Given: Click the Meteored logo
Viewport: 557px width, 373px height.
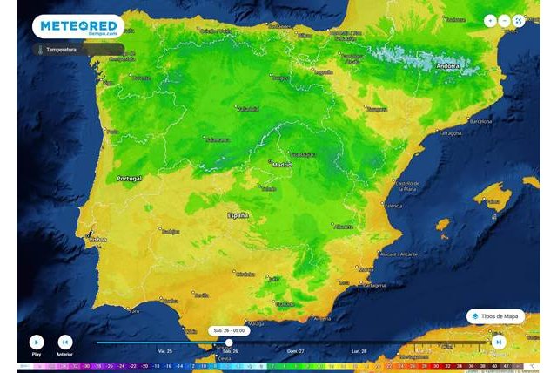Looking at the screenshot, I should coord(78,26).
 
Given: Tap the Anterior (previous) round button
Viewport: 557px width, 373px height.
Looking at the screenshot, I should coord(64,342).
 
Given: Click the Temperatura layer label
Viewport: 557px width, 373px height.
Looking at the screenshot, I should coord(61,50).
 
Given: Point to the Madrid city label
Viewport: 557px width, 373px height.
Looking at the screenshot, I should coord(282,164).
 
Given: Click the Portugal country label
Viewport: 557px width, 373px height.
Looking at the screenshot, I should coord(129,178).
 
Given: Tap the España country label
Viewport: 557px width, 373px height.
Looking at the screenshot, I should coord(238,214).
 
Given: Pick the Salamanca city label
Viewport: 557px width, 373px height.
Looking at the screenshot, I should coord(193,139).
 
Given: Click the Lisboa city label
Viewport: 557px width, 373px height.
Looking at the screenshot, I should coord(97,239).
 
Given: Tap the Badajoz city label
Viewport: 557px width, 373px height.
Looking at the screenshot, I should coord(169,231).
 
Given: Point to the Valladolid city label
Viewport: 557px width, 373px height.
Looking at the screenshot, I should coord(248,110).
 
